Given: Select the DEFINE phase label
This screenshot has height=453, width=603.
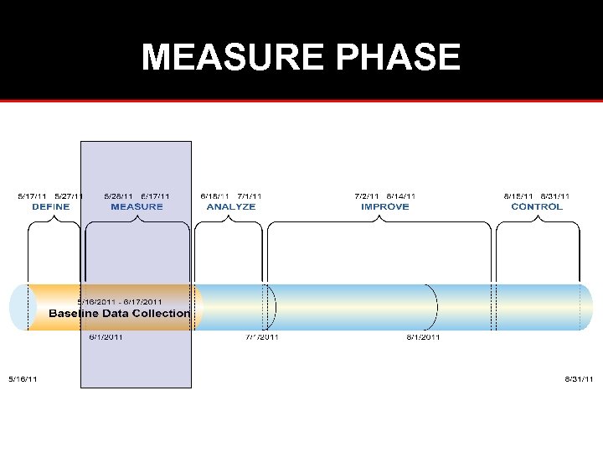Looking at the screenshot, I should click(51, 206).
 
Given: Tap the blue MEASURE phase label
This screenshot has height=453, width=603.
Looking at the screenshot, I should click(137, 206).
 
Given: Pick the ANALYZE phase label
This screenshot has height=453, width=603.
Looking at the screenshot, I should click(230, 206).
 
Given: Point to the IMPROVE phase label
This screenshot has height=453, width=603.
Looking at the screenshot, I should click(385, 206).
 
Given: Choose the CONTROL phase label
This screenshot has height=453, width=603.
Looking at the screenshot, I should click(537, 206).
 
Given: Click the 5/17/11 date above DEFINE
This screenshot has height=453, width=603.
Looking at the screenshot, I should click(33, 196).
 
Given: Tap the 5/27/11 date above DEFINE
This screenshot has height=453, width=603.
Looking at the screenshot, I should click(70, 196).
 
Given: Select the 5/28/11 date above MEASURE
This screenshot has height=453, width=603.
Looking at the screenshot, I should click(118, 196).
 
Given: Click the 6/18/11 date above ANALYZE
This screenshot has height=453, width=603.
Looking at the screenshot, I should click(215, 196).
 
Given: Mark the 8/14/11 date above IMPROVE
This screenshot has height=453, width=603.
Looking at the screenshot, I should click(401, 196).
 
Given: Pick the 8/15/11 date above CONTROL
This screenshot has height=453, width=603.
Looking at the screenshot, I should click(519, 196).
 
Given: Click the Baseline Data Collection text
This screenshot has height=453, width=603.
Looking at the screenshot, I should click(119, 314).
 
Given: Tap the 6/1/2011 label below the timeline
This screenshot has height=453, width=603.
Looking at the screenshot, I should click(106, 337).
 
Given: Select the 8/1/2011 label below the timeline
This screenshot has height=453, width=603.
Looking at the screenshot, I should click(423, 337).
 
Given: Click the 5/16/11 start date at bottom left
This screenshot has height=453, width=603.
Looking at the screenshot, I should click(23, 379).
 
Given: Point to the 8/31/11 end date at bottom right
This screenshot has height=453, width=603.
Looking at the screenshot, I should click(579, 379).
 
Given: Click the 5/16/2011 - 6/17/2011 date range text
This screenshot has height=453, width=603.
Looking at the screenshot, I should click(120, 301).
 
